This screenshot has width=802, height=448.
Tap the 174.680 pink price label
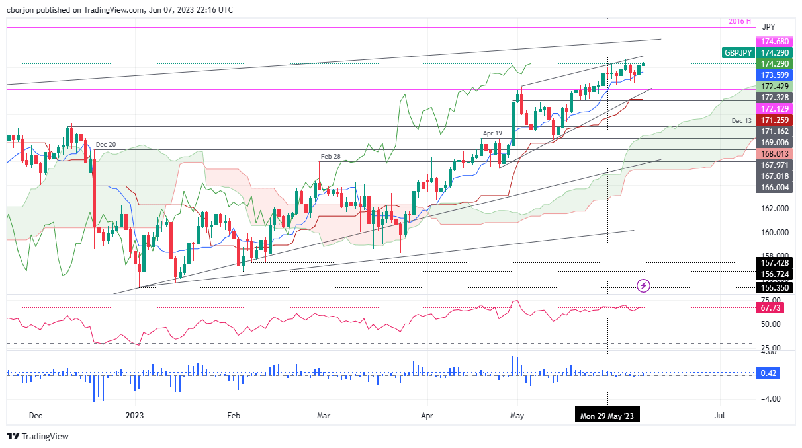point(773,41)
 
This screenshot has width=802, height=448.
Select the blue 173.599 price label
point(773,75)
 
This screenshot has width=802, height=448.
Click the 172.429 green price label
point(773,87)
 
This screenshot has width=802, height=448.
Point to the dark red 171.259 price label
point(773,120)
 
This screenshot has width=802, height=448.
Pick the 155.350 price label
point(773,288)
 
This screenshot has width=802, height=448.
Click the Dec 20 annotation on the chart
point(106,144)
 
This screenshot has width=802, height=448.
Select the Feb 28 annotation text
point(330,157)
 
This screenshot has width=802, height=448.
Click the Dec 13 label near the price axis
point(742,121)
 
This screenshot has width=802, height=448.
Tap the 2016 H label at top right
point(739,21)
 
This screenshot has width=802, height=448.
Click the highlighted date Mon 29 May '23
point(607,416)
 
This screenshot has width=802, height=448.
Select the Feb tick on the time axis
point(232,416)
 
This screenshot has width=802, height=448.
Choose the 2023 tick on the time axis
point(134,416)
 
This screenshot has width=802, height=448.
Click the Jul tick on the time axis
point(719,416)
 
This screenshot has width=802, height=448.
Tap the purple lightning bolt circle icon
point(644,285)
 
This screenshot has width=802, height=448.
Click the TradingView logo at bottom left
point(38,436)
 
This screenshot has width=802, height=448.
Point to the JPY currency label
point(768,27)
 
